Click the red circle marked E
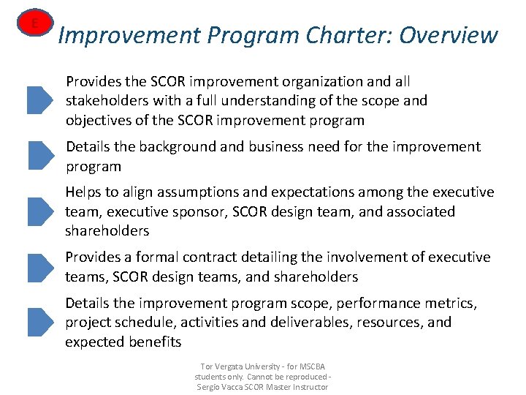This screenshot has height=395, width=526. click(x=34, y=25)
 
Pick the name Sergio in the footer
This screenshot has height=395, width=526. click(x=211, y=386)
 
